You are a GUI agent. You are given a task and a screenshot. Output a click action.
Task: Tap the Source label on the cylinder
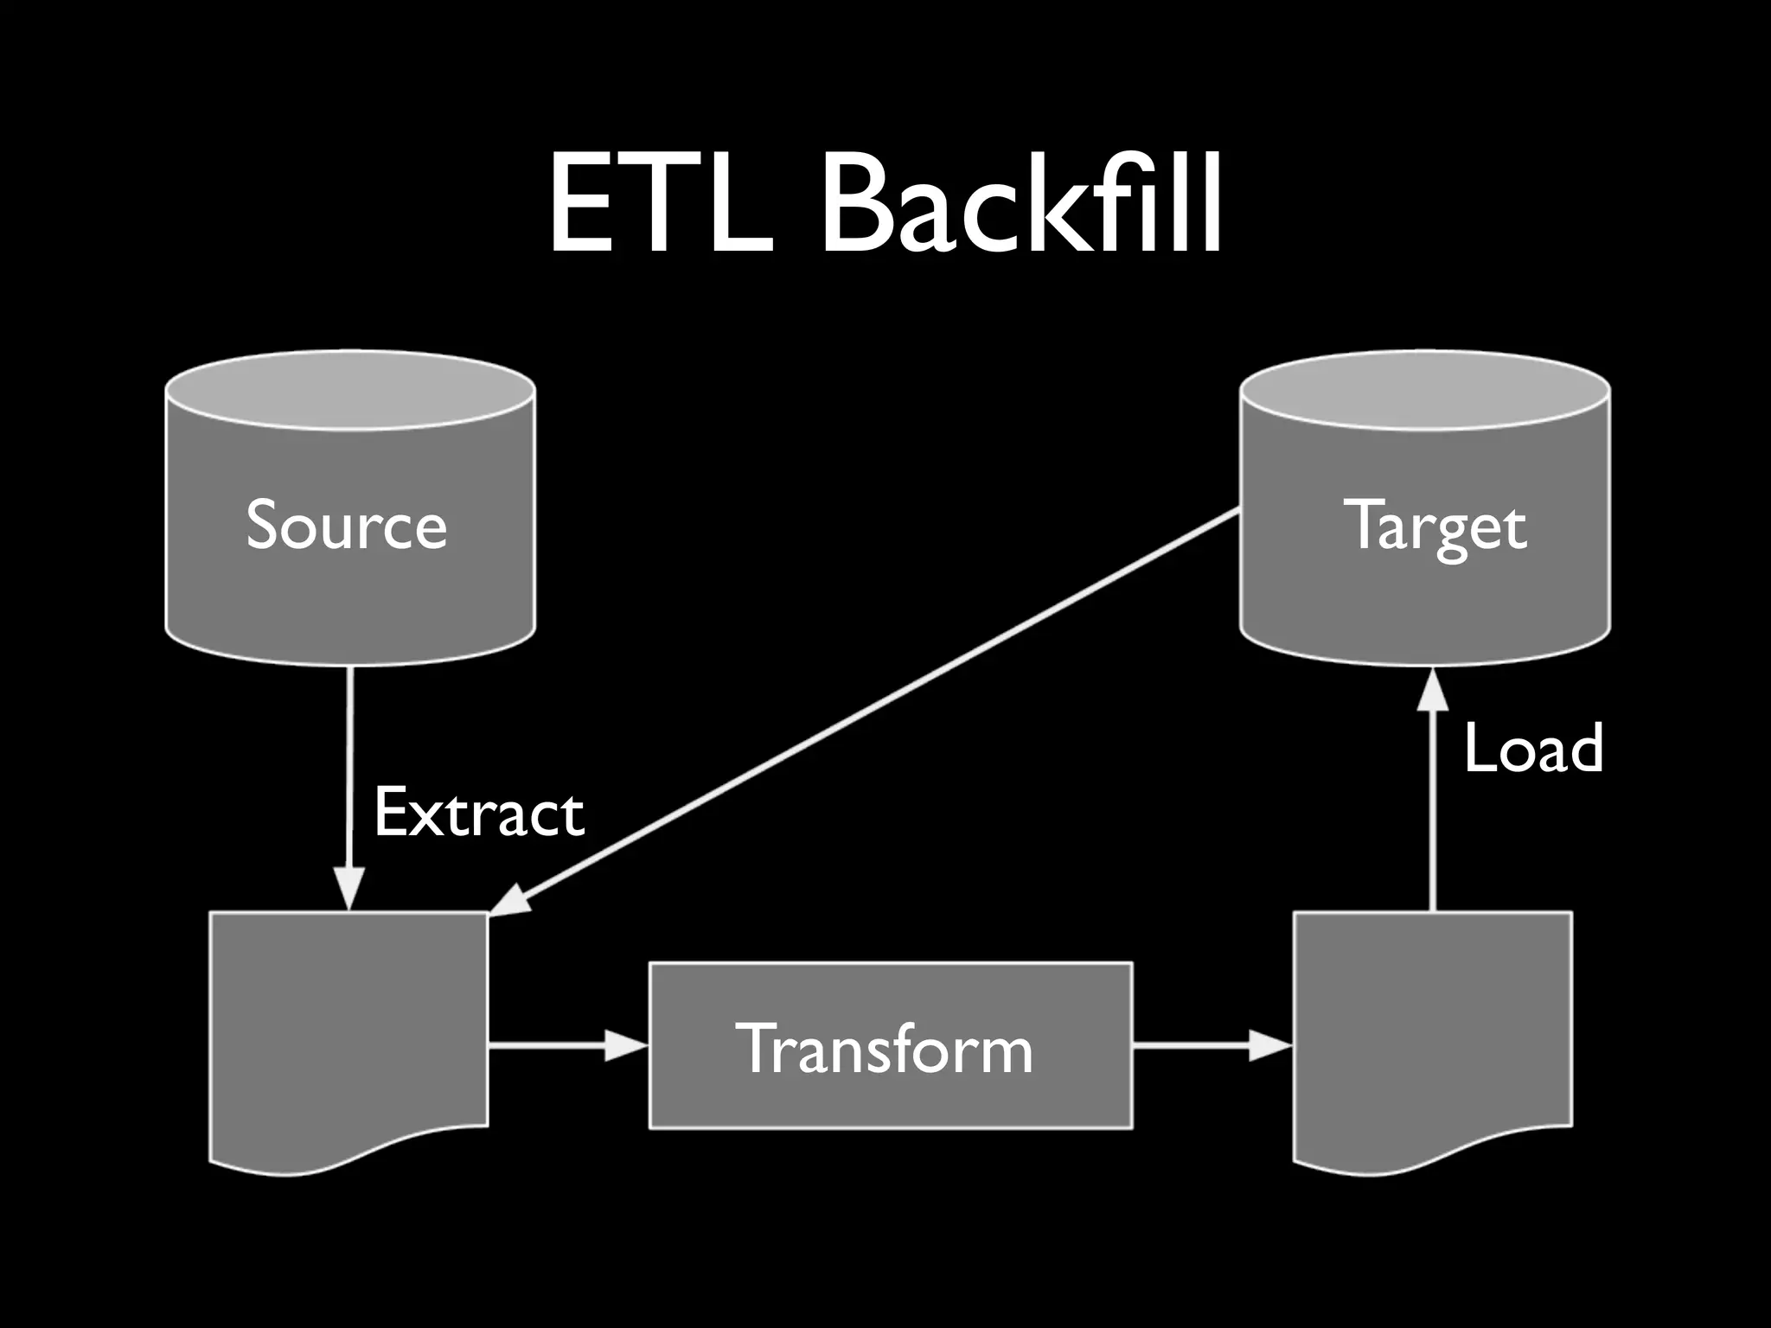346,524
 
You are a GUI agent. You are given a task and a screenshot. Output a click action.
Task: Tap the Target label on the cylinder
1435,526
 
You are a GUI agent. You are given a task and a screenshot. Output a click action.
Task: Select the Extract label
478,813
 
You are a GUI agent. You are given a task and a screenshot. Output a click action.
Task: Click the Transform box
890,1045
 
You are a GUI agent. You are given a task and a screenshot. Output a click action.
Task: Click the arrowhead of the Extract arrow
349,891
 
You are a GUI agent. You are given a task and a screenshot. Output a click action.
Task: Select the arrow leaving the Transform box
1211,1045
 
